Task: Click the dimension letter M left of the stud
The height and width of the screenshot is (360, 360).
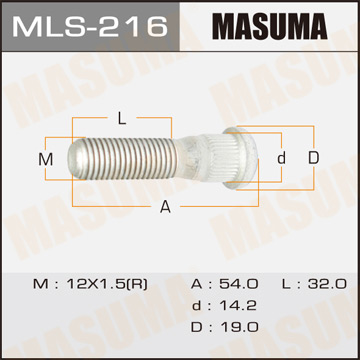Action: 44,159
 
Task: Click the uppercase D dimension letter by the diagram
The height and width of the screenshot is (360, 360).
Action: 312,158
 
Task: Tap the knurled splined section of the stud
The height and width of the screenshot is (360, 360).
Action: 218,158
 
